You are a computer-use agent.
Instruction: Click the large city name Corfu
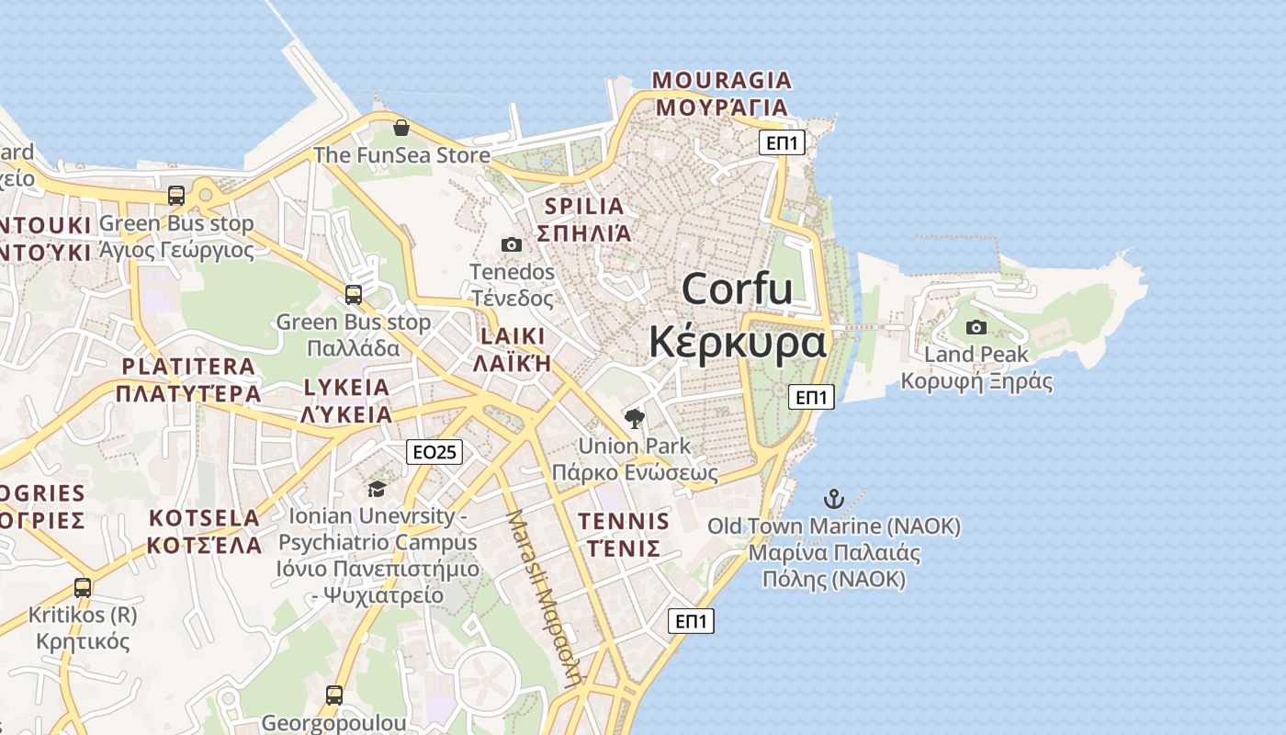737,289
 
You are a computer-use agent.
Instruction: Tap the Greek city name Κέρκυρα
737,343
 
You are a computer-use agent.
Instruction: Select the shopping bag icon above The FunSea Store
400,128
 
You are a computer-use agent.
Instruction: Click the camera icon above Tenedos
512,244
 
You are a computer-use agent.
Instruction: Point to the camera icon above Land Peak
976,327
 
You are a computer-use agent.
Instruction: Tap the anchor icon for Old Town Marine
833,499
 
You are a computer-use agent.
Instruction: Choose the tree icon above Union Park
634,420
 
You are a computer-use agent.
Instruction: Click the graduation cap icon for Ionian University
377,489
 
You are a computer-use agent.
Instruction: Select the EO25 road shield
434,451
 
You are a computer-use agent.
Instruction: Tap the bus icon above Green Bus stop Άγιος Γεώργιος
175,196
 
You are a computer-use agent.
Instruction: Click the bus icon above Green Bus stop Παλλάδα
354,295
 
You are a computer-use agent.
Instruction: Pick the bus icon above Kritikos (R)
83,587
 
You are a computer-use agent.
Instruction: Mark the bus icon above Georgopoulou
334,695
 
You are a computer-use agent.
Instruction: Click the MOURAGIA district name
722,80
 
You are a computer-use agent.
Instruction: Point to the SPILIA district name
584,206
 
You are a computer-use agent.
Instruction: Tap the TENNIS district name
624,522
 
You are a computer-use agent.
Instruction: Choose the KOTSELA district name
204,517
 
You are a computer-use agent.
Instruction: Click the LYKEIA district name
346,387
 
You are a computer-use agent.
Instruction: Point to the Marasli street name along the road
546,598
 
